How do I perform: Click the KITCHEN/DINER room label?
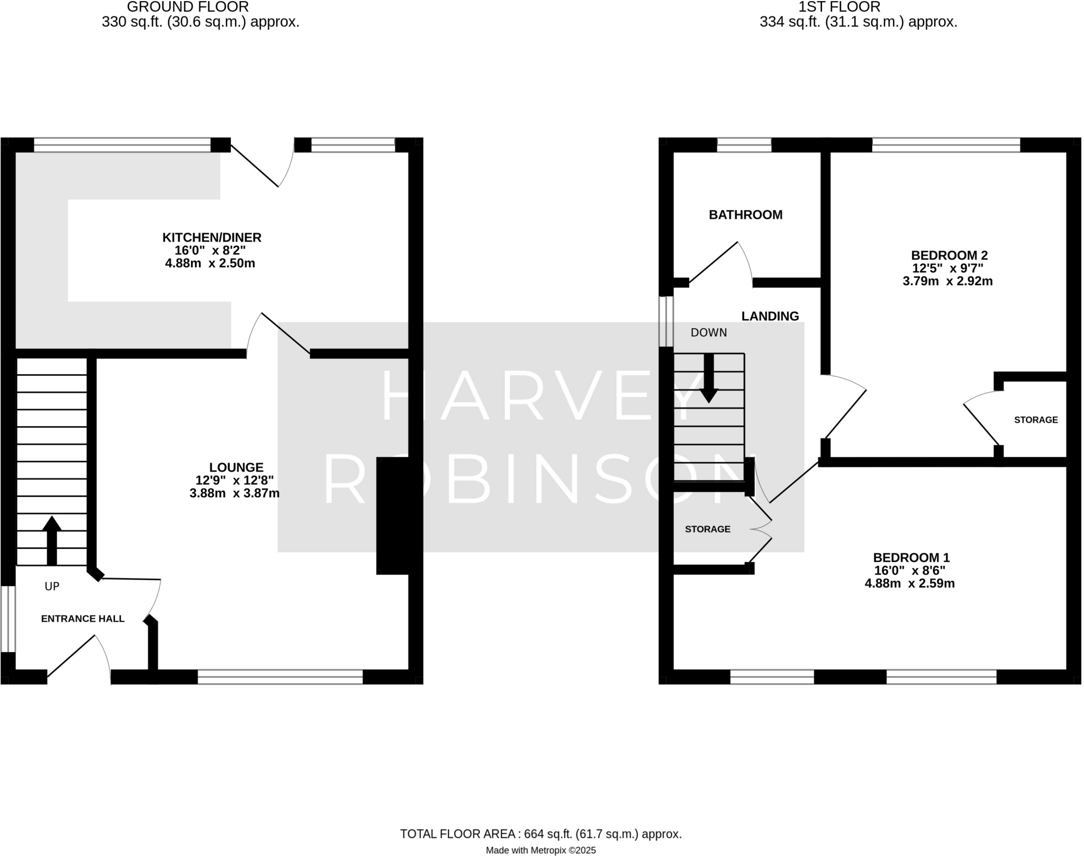tap(212, 237)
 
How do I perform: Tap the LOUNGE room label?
tap(236, 467)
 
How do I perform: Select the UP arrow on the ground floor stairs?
tap(51, 540)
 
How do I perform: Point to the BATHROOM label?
tap(745, 215)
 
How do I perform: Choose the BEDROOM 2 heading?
tap(949, 255)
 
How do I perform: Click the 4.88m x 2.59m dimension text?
tap(909, 584)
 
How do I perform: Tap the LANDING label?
tap(770, 316)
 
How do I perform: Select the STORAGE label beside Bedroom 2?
tap(1035, 420)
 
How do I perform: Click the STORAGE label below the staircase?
tap(707, 529)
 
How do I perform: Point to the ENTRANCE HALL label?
tap(83, 618)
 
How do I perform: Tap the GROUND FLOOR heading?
tap(187, 7)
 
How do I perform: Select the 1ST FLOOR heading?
tap(839, 7)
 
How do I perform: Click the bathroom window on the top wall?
tap(744, 145)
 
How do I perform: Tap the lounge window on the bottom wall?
tap(280, 677)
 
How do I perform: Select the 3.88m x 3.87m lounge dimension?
tap(234, 493)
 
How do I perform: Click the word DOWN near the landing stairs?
tap(709, 332)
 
